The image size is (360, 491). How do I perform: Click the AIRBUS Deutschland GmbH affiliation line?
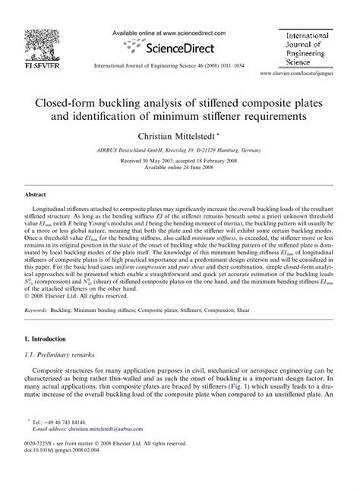click(179, 151)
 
